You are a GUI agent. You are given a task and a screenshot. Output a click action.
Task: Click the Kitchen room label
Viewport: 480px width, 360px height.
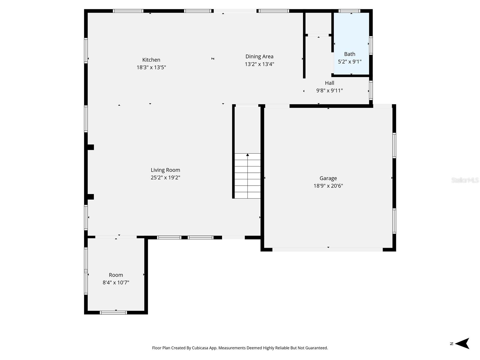(x=151, y=60)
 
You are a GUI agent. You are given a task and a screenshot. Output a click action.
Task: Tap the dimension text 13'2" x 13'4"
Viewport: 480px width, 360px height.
(x=259, y=64)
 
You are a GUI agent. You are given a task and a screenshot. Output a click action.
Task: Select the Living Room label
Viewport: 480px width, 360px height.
(x=165, y=170)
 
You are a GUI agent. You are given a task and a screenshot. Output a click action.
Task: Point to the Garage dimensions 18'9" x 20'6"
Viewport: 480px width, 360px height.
(x=328, y=186)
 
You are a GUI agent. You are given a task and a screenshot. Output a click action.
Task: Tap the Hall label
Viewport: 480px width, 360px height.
(x=329, y=83)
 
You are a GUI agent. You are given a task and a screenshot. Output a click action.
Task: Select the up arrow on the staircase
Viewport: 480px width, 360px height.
(x=247, y=155)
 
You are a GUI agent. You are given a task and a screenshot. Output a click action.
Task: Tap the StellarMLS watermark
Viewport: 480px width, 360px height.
(x=465, y=180)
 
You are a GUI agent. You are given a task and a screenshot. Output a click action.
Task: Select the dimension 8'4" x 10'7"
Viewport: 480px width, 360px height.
(x=116, y=282)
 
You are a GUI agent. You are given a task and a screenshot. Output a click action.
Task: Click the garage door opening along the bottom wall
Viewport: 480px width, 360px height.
(x=327, y=249)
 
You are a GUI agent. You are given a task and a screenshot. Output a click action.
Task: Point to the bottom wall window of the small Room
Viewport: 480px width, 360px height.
(x=113, y=313)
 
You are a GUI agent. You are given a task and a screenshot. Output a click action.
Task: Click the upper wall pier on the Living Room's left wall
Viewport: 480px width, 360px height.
(x=90, y=147)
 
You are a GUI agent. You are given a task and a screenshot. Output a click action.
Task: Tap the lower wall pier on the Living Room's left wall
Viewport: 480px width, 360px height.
(x=90, y=197)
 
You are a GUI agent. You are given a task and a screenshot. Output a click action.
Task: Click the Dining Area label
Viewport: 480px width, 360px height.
(x=259, y=56)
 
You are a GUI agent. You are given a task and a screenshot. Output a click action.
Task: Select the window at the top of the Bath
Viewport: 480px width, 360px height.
(x=349, y=11)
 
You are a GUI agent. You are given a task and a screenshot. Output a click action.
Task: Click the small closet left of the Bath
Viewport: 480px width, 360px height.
(x=318, y=23)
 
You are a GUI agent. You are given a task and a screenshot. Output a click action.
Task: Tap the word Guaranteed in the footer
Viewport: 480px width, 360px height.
(x=316, y=348)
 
